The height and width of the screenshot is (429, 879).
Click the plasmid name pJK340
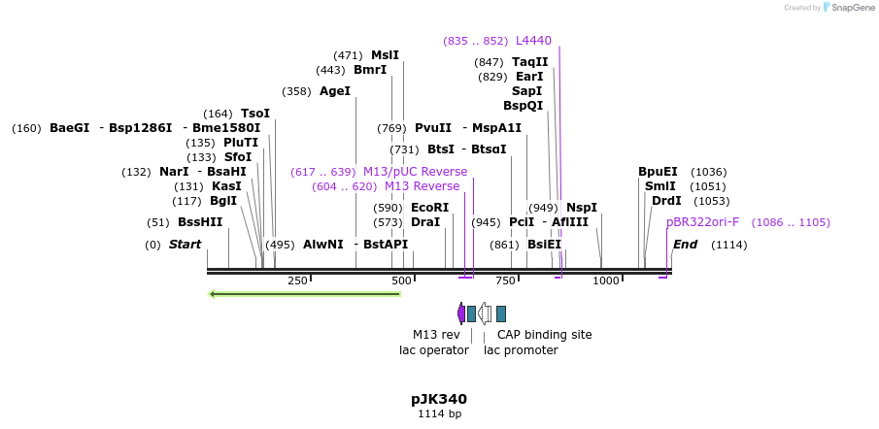click(x=438, y=399)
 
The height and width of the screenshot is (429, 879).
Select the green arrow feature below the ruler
click(x=305, y=294)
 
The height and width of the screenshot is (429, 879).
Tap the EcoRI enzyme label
click(x=429, y=208)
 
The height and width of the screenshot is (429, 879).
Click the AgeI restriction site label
click(x=334, y=91)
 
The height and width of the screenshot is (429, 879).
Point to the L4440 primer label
click(x=533, y=41)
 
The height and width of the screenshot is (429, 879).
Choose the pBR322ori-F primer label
click(x=702, y=222)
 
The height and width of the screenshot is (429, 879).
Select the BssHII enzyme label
click(x=199, y=222)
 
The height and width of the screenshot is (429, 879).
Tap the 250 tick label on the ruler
click(x=297, y=280)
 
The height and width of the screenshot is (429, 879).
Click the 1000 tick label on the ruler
click(x=606, y=280)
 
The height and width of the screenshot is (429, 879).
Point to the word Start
click(x=185, y=245)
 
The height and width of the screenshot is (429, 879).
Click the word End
click(x=685, y=245)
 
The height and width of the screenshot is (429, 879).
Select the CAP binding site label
click(x=544, y=335)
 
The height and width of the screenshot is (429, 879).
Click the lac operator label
click(x=433, y=350)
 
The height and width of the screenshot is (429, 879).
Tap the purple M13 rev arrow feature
click(x=461, y=313)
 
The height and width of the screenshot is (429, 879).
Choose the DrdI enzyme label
click(x=666, y=201)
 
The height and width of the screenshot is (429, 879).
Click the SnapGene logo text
click(x=850, y=8)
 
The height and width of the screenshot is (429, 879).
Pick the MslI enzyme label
click(x=385, y=55)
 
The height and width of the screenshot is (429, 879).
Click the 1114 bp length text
click(x=439, y=414)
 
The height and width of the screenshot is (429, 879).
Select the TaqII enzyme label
click(x=530, y=62)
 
